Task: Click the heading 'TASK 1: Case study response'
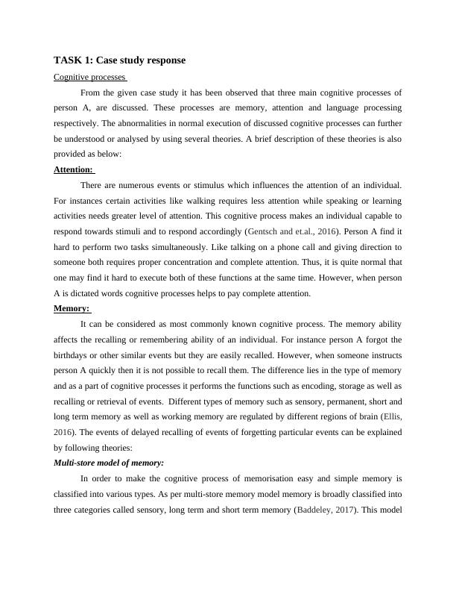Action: coord(119,60)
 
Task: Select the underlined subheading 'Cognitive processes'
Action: coord(89,77)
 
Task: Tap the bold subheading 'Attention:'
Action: coord(73,169)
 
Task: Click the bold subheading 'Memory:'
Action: coord(72,308)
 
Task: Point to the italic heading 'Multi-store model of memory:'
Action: coord(109,463)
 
